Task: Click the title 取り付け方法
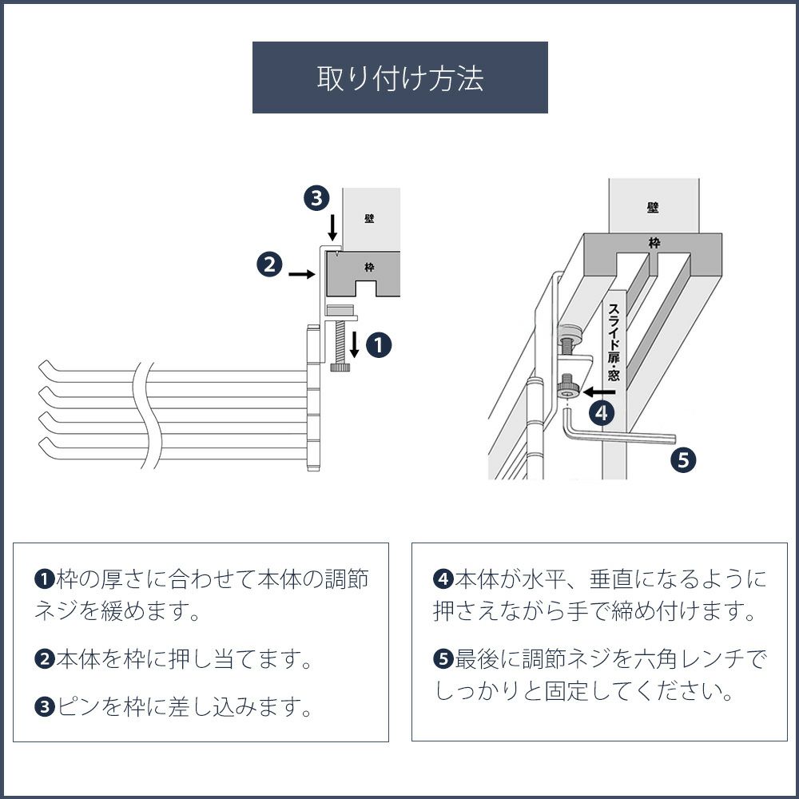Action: (x=399, y=78)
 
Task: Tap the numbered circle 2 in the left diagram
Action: (x=269, y=264)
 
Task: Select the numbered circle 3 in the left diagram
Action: (x=317, y=197)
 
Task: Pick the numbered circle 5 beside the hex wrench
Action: (x=682, y=459)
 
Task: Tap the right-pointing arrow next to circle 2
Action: (x=300, y=274)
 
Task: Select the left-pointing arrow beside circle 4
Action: (x=598, y=392)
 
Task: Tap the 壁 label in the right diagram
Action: (x=654, y=207)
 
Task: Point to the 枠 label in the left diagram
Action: (x=368, y=268)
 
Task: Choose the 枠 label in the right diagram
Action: (x=654, y=243)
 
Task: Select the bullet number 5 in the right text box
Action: (x=443, y=660)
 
